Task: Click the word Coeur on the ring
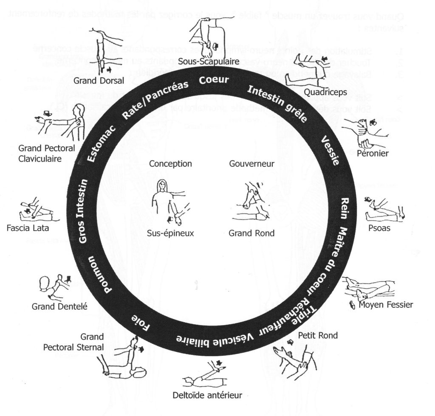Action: coord(214,79)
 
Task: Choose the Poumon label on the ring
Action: coord(98,275)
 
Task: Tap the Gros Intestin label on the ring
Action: coord(83,211)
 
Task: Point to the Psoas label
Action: coord(380,228)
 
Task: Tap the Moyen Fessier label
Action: coord(386,304)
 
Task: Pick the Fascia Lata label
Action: coord(28,228)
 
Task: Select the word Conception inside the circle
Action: coord(171,164)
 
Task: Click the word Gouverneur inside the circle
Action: coord(251,164)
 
